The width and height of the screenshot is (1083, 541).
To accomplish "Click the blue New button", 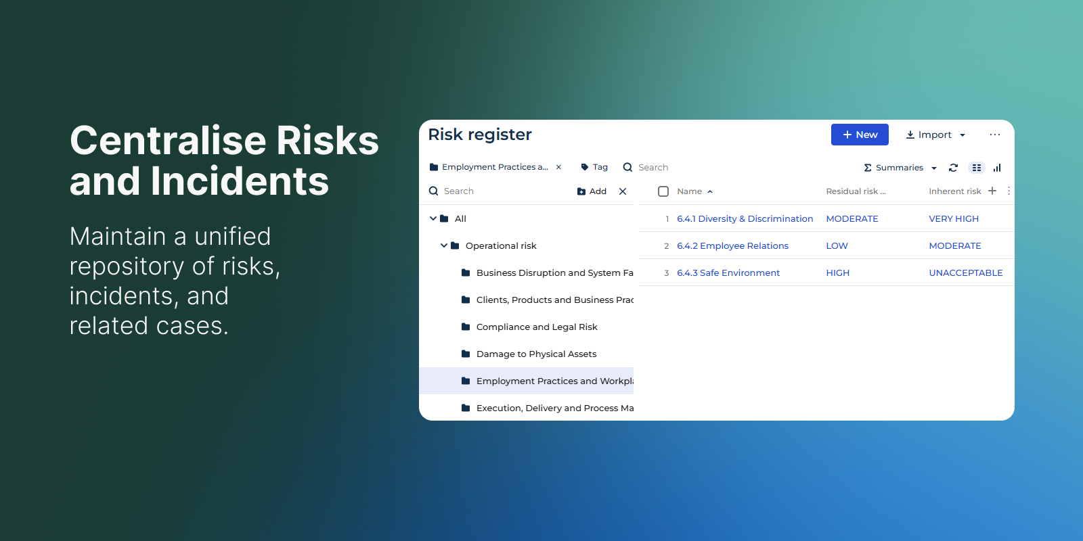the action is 860,135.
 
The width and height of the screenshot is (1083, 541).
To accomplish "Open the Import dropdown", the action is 935,135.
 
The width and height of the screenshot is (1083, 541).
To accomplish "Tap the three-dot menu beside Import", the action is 994,135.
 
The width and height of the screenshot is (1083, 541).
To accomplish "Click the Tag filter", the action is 594,167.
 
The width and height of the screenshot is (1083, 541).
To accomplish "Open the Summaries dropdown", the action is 900,168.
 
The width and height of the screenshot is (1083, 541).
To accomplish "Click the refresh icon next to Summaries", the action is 954,168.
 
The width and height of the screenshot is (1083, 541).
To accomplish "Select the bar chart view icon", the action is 997,168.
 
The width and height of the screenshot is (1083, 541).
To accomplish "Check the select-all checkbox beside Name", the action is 663,191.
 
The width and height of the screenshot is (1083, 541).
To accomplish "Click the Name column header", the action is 690,191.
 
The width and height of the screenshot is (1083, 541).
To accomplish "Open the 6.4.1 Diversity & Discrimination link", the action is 745,219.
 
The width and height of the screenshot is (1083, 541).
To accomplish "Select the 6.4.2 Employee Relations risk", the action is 732,246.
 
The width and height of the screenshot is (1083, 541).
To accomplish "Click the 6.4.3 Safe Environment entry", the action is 728,273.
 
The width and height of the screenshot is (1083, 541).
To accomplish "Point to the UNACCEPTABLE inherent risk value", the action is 965,273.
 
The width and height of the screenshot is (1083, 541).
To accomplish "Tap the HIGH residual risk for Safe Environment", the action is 837,273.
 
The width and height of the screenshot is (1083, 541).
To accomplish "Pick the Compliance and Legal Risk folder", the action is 537,327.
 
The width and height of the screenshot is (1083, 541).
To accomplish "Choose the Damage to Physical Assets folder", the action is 536,354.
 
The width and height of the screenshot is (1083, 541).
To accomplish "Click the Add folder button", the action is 592,191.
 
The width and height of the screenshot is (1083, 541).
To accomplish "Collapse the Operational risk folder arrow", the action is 443,245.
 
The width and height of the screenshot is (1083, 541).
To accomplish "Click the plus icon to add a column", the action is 992,191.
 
